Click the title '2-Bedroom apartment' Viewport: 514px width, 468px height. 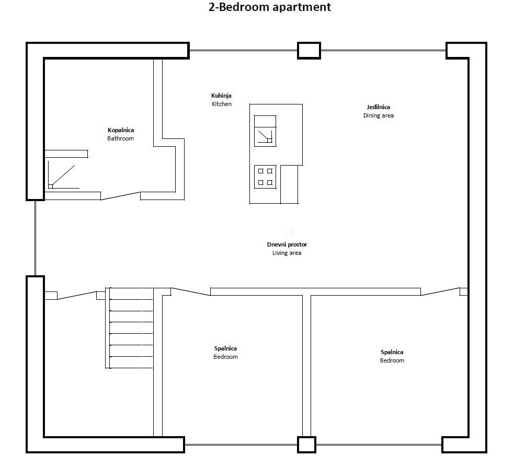269,7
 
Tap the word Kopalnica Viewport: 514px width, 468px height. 121,130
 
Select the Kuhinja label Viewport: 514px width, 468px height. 221,96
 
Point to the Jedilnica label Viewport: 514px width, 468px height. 378,107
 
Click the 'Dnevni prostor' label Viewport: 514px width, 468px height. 287,244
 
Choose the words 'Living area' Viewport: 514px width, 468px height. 287,253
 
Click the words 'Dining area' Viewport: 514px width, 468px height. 378,115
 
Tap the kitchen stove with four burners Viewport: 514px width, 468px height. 265,177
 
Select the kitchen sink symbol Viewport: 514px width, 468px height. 265,131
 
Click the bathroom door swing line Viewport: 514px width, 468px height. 121,196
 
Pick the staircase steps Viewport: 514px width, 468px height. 129,328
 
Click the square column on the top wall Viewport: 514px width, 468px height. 309,51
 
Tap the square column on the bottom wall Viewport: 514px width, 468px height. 306,444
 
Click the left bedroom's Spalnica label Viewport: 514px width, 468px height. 225,348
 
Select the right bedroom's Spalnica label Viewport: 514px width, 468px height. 392,352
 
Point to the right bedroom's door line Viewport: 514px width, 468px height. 440,291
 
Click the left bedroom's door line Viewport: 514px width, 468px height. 191,292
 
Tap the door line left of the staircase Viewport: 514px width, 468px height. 77,296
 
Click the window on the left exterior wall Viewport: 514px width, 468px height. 36,238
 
